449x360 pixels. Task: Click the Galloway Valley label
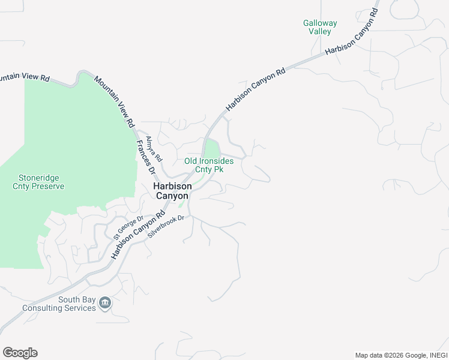tap(319, 27)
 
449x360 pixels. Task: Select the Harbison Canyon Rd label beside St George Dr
tap(137, 235)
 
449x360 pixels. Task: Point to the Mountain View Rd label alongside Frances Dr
tap(113, 99)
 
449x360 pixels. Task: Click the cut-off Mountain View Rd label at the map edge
tap(24, 77)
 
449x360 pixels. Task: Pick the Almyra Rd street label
tap(155, 149)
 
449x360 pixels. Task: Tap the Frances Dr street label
tap(146, 157)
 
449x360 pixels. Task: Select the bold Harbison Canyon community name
tap(173, 191)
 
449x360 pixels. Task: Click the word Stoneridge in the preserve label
tap(39, 178)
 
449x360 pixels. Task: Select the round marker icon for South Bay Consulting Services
tap(105, 302)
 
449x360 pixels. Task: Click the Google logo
tap(20, 353)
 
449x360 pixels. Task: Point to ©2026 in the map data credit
tap(393, 355)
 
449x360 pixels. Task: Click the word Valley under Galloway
tap(319, 31)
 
